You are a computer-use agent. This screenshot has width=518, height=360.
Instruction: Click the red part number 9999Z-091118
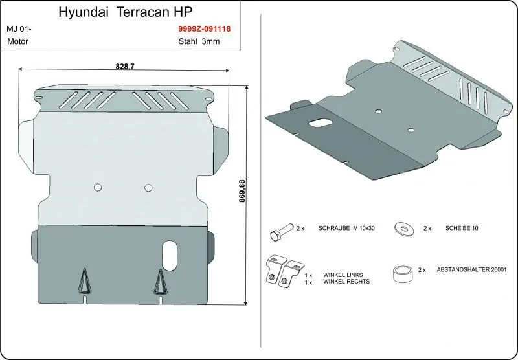point(205,28)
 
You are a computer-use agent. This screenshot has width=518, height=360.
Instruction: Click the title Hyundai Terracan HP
point(125,12)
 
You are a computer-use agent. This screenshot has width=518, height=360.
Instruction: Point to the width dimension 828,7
point(125,66)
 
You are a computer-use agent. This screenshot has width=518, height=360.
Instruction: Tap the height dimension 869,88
point(242,191)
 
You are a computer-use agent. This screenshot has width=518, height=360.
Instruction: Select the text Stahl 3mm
point(199,41)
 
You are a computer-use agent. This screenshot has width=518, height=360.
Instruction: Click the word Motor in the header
point(17,41)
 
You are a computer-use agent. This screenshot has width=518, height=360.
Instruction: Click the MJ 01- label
point(19,29)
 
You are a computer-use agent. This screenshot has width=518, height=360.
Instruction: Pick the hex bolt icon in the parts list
point(282,232)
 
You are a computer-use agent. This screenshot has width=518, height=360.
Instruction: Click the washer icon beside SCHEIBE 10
point(404,228)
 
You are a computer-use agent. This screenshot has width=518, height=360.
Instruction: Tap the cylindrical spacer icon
point(403,274)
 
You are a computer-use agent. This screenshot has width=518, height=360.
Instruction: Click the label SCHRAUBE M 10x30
point(346,228)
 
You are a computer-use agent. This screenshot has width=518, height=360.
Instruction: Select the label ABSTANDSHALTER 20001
point(471,269)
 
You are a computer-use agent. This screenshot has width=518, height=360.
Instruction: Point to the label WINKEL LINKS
point(343,275)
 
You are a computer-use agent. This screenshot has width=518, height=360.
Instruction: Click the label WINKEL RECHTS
point(346,282)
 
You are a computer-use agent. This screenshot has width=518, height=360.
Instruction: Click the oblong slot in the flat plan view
point(170,256)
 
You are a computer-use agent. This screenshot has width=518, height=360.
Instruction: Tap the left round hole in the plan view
point(98,187)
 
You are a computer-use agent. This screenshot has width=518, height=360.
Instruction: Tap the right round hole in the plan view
point(148,188)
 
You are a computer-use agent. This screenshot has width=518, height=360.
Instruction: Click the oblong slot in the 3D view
point(321,122)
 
